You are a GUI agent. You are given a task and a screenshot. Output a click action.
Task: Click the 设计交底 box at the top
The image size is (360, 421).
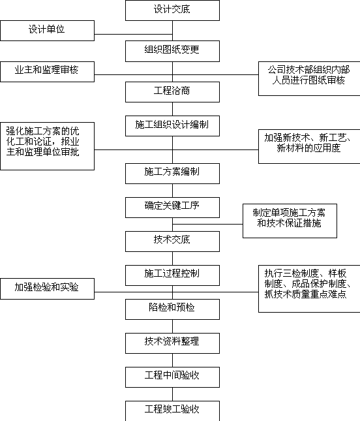pyautogui.click(x=172, y=10)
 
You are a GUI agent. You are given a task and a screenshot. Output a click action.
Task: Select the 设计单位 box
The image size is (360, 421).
pyautogui.click(x=47, y=31)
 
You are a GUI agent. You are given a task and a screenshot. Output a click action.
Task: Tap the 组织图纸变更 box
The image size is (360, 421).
pyautogui.click(x=172, y=51)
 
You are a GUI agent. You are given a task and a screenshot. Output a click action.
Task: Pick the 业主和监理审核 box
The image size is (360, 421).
pyautogui.click(x=47, y=72)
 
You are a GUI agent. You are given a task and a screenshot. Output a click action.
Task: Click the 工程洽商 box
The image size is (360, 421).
pyautogui.click(x=172, y=92)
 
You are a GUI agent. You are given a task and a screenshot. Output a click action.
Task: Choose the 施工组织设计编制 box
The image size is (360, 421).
pyautogui.click(x=172, y=126)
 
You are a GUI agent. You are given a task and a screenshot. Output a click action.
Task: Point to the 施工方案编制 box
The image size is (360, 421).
pyautogui.click(x=172, y=174)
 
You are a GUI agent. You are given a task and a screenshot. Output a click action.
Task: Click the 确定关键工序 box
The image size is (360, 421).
pyautogui.click(x=172, y=208)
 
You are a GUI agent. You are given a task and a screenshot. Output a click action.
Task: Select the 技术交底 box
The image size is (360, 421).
pyautogui.click(x=172, y=242)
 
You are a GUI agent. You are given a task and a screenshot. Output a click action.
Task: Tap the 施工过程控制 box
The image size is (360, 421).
pyautogui.click(x=172, y=275)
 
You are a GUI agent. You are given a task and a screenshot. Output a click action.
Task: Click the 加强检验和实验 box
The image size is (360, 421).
pyautogui.click(x=47, y=288)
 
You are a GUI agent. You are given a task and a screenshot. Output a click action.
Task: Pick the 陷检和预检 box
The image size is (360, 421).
pyautogui.click(x=172, y=309)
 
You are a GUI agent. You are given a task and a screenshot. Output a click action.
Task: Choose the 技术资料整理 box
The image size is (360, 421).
pyautogui.click(x=172, y=343)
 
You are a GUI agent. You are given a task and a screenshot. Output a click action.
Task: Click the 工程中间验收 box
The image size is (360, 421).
pyautogui.click(x=172, y=377)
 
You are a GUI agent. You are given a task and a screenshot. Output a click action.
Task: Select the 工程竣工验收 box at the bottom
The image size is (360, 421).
pyautogui.click(x=172, y=411)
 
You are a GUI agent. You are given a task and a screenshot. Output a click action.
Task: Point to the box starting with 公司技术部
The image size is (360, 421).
pyautogui.click(x=309, y=78)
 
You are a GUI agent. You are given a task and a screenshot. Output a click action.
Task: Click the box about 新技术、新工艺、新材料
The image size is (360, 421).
pyautogui.click(x=309, y=146)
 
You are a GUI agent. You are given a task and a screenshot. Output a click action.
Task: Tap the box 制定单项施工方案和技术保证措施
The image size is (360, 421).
pyautogui.click(x=290, y=221)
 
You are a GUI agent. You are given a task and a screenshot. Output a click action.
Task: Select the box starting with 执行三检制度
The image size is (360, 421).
pyautogui.click(x=309, y=288)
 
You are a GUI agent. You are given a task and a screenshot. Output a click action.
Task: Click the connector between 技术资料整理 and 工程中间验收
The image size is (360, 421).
pyautogui.click(x=172, y=360)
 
